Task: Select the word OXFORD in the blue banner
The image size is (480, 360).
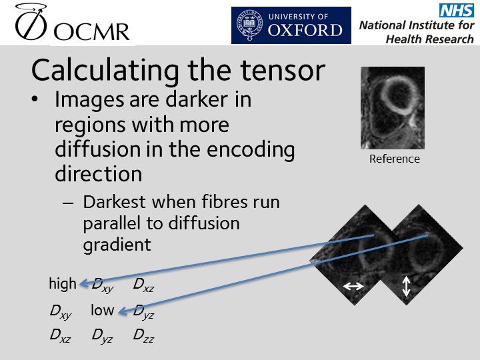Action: tap(305, 30)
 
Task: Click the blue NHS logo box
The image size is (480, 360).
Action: tap(455, 10)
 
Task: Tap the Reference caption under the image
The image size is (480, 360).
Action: tap(394, 159)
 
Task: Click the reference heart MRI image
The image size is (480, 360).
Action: tap(392, 108)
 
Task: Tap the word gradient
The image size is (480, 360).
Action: tap(117, 245)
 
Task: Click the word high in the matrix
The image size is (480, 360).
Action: tap(63, 284)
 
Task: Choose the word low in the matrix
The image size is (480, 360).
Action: tap(103, 311)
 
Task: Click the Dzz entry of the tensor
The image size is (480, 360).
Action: tap(143, 337)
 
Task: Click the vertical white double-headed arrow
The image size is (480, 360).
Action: tap(407, 286)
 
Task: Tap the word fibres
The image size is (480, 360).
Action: tap(227, 203)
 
